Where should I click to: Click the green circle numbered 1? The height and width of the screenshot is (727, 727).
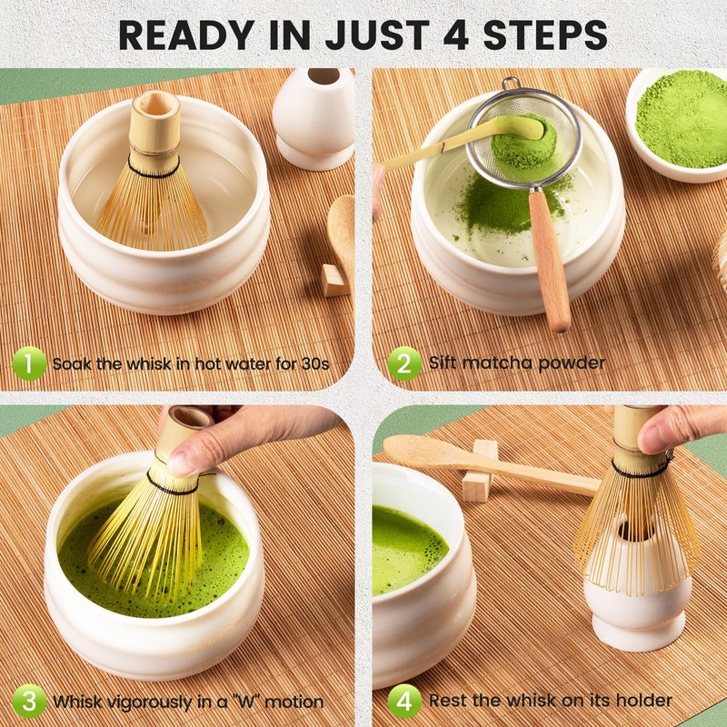point(29,363)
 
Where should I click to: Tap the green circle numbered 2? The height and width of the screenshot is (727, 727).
point(404,363)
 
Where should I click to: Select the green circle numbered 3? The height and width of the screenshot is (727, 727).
point(29,701)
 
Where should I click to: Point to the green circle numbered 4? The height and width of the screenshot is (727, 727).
point(404,701)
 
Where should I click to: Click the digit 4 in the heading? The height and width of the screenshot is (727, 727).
point(455,35)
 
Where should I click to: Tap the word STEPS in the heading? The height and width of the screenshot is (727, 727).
point(545,35)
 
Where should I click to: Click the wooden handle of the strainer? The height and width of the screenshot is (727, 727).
point(550,260)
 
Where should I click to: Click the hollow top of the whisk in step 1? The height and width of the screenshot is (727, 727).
point(155,105)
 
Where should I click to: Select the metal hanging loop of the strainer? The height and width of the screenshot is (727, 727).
point(511,84)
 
